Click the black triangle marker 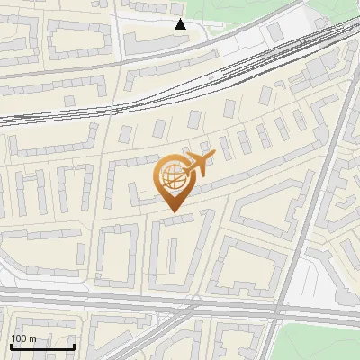pyautogui.click(x=180, y=24)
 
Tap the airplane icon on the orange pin pyautogui.click(x=201, y=165)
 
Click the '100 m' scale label pyautogui.click(x=23, y=337)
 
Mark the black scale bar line pyautogui.click(x=41, y=346)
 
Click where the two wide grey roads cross pyautogui.click(x=283, y=310)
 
